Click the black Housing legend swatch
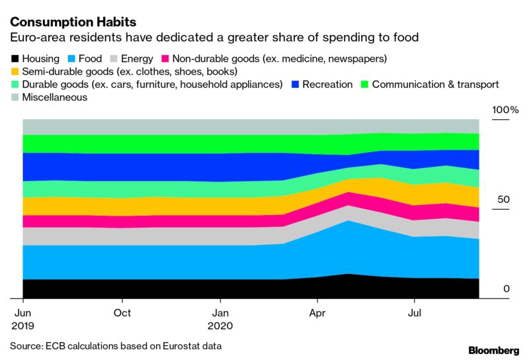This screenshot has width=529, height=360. tap(15, 59)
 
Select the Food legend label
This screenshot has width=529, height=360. tap(90, 58)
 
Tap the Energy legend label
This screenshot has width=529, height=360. tap(138, 58)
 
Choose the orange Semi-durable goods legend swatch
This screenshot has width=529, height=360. tap(15, 71)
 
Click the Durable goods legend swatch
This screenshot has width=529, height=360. tap(15, 85)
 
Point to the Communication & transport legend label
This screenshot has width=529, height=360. tap(435, 85)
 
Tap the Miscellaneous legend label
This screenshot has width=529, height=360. tap(55, 97)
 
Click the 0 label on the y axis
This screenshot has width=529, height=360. tap(506, 289)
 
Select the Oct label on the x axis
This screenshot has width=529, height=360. tap(122, 312)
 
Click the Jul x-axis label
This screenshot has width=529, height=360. tap(415, 312)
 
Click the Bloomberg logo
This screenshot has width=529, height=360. tap(493, 349)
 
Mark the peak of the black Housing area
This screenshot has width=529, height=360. tap(347, 273)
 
